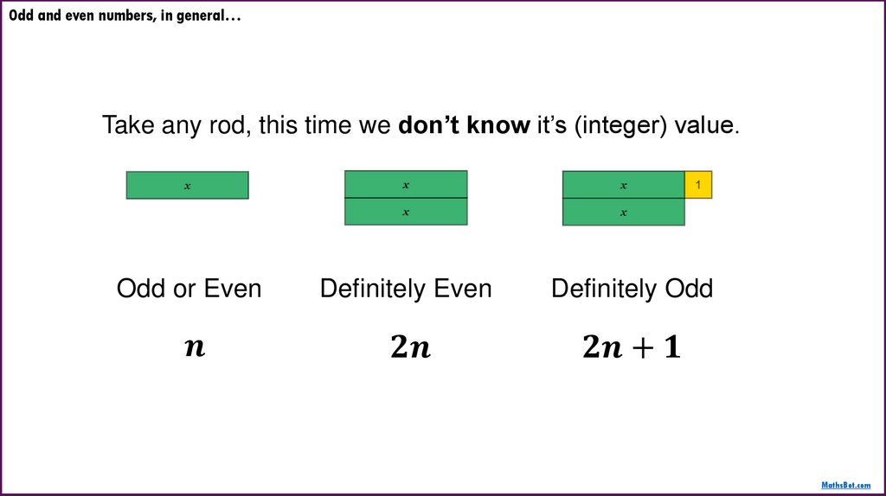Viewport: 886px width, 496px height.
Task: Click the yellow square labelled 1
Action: [x=698, y=185]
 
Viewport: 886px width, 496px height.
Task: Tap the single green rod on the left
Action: [x=187, y=186]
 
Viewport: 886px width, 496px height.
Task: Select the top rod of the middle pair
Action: [x=406, y=185]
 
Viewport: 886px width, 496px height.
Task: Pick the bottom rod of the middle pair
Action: [x=406, y=212]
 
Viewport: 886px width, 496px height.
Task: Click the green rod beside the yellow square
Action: [x=623, y=185]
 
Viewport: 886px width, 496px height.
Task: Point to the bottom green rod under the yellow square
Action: [x=623, y=212]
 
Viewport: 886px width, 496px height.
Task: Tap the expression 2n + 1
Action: [x=632, y=347]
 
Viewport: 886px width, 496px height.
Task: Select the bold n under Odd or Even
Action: [x=196, y=347]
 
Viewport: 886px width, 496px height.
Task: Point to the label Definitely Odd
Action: [x=632, y=289]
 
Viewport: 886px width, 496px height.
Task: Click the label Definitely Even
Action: [x=406, y=289]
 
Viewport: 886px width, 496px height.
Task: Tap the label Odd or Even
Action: [x=189, y=289]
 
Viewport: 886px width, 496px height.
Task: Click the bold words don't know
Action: [x=464, y=126]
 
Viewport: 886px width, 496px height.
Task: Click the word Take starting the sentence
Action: [x=129, y=126]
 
